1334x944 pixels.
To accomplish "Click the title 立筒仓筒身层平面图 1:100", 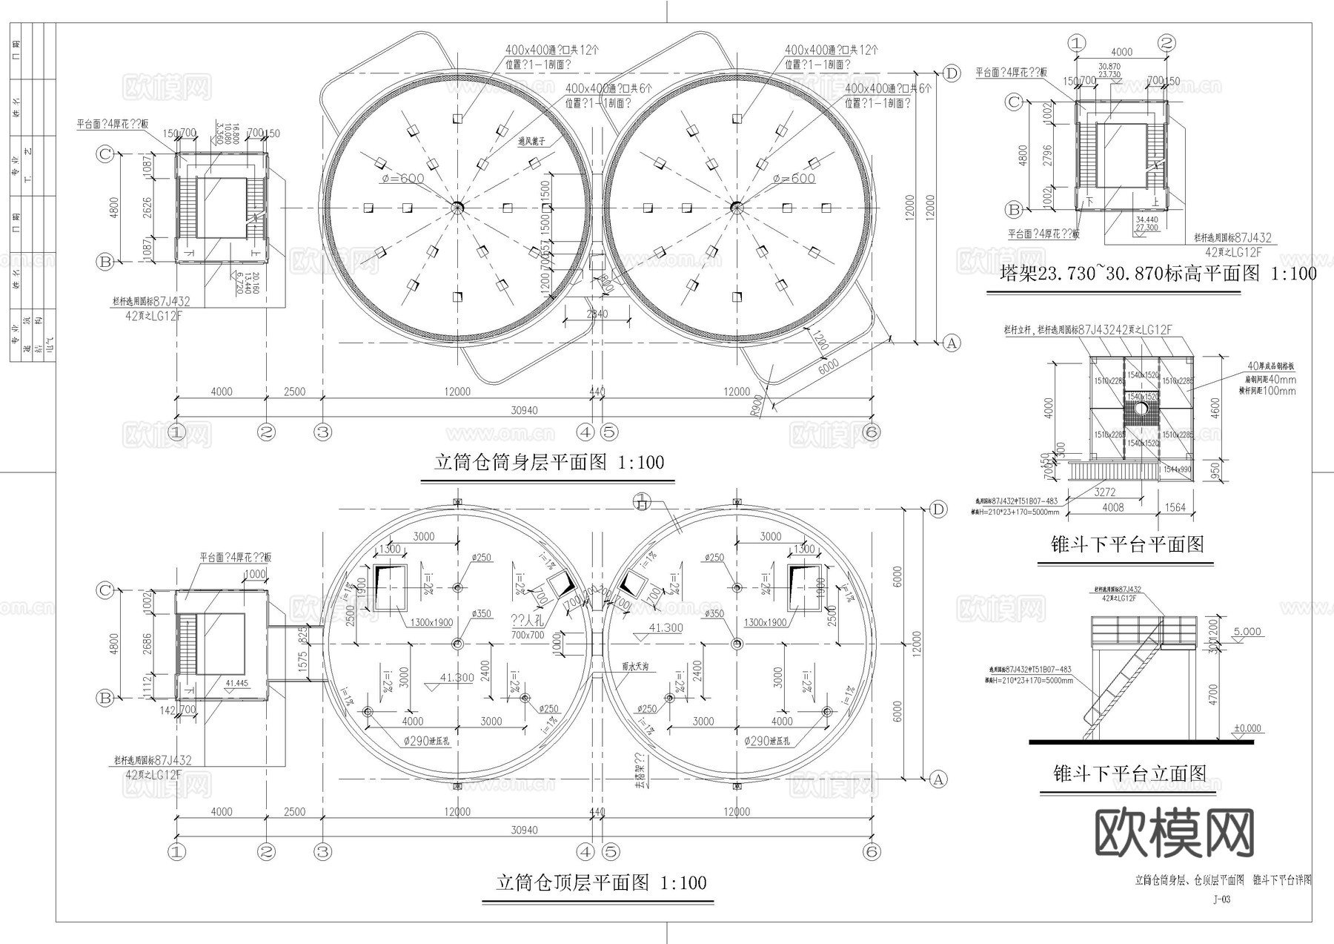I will point(549,463).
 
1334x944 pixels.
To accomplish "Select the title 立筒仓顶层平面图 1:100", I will point(601,883).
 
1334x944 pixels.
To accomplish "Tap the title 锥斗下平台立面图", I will point(1129,774).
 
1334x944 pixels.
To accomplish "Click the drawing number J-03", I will point(1221,900).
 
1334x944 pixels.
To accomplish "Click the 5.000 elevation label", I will point(1247,632).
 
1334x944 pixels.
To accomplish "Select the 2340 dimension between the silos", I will point(597,314).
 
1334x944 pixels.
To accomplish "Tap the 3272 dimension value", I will point(1104,492).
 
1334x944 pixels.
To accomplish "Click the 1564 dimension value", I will point(1175,508).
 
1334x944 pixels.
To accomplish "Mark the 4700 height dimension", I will point(1212,694).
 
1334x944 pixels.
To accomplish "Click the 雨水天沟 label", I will point(635,667).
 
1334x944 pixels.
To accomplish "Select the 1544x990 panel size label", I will point(1177,469).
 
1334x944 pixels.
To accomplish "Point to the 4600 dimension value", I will point(1213,408).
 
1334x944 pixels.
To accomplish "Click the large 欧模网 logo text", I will point(1175,833).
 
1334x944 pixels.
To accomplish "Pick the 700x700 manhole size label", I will point(528,635).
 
